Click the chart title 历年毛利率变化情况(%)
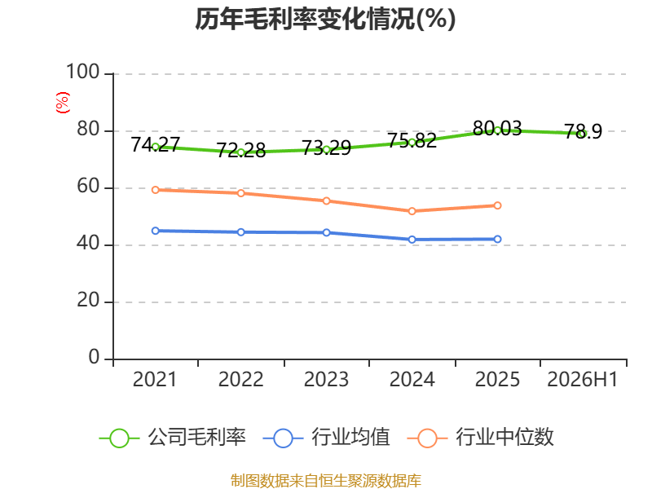pyautogui.click(x=325, y=19)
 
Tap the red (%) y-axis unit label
pyautogui.click(x=63, y=103)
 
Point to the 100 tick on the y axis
pyautogui.click(x=83, y=72)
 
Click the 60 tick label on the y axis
pyautogui.click(x=88, y=187)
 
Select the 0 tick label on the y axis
pyautogui.click(x=94, y=357)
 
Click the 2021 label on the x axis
pyautogui.click(x=155, y=380)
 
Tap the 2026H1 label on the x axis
pyautogui.click(x=583, y=380)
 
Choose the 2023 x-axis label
pyautogui.click(x=326, y=380)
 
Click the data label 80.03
pyautogui.click(x=497, y=129)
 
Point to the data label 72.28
pyautogui.click(x=240, y=150)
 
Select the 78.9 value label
pyautogui.click(x=583, y=132)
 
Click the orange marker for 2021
pyautogui.click(x=156, y=190)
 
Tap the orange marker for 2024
pyautogui.click(x=412, y=211)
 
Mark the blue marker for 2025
pyautogui.click(x=497, y=239)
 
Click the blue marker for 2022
pyautogui.click(x=240, y=232)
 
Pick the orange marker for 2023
pyautogui.click(x=327, y=201)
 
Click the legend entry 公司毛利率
pyautogui.click(x=173, y=438)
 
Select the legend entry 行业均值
pyautogui.click(x=327, y=438)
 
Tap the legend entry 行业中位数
pyautogui.click(x=480, y=438)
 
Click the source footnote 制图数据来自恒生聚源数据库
pyautogui.click(x=326, y=481)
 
